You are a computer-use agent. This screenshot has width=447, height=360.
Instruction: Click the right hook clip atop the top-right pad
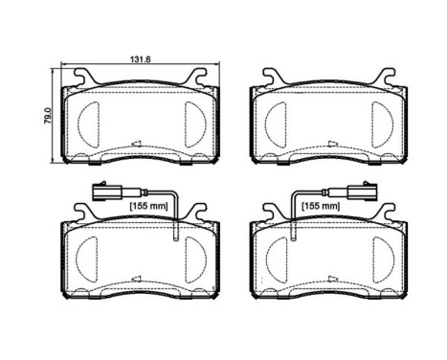coord(386,77)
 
